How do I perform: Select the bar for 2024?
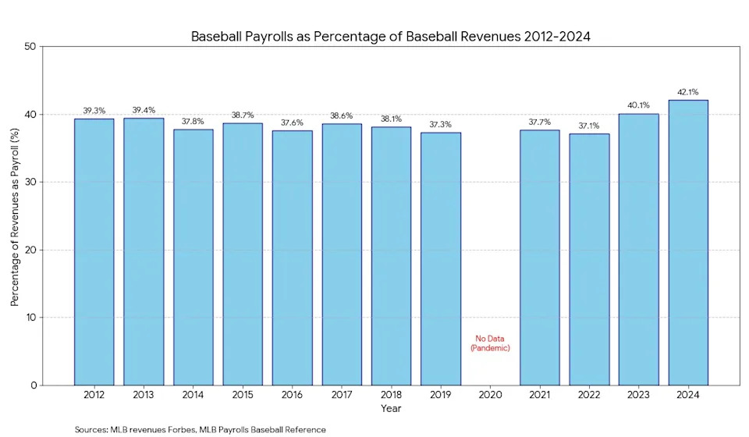[688, 242]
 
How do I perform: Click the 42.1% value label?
[688, 92]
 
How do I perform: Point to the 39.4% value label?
[144, 110]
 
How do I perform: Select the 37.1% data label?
[589, 126]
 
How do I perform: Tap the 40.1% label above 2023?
[638, 105]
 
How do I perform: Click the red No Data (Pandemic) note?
[490, 343]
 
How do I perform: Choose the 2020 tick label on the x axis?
[490, 396]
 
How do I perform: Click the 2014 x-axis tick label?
[193, 396]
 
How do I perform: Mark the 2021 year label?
[540, 396]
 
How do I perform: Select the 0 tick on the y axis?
[34, 385]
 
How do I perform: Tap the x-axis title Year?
[391, 408]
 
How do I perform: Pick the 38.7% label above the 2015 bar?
[243, 115]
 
